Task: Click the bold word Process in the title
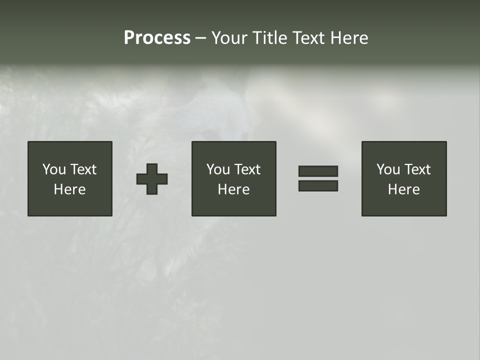click(x=157, y=38)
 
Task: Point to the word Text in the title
click(x=309, y=38)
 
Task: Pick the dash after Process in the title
click(x=201, y=38)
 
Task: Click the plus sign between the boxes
click(x=152, y=179)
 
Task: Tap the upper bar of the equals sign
click(x=318, y=171)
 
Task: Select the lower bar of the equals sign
click(x=318, y=185)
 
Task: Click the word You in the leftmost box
click(x=54, y=169)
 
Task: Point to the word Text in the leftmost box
click(x=83, y=169)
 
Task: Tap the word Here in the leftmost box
click(x=70, y=189)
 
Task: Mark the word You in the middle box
click(x=218, y=169)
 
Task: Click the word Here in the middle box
click(x=234, y=189)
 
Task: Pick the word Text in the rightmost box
click(x=417, y=169)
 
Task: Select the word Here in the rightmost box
click(x=404, y=189)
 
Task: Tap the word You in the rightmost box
click(x=388, y=169)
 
